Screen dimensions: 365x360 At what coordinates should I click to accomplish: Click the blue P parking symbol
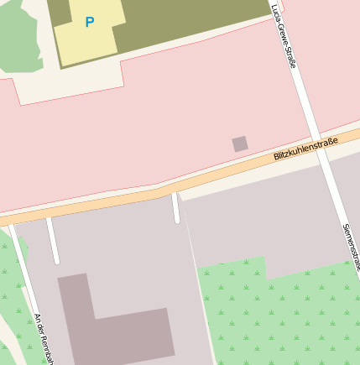90,23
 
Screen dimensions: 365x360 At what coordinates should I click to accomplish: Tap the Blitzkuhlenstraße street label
305,149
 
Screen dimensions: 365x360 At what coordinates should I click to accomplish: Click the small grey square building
240,143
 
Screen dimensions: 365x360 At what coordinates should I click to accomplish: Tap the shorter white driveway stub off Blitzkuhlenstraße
175,208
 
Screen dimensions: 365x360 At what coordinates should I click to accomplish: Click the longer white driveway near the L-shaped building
53,241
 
